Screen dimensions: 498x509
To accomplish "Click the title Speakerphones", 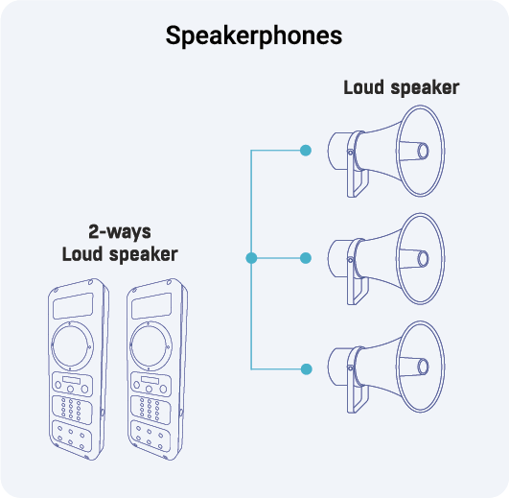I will [254, 36].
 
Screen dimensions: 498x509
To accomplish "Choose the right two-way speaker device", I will [153, 370].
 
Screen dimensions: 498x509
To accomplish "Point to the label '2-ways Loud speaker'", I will [119, 243].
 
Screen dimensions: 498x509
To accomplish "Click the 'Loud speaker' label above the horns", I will [401, 87].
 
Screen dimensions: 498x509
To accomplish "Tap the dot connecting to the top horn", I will [306, 150].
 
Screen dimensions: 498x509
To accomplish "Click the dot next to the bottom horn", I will [306, 368].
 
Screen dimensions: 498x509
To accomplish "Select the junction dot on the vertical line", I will [251, 258].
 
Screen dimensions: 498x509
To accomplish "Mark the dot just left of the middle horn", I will [306, 258].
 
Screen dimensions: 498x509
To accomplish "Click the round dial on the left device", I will [74, 344].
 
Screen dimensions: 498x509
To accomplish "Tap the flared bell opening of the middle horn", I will [422, 257].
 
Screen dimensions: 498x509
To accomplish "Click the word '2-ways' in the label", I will [119, 232].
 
